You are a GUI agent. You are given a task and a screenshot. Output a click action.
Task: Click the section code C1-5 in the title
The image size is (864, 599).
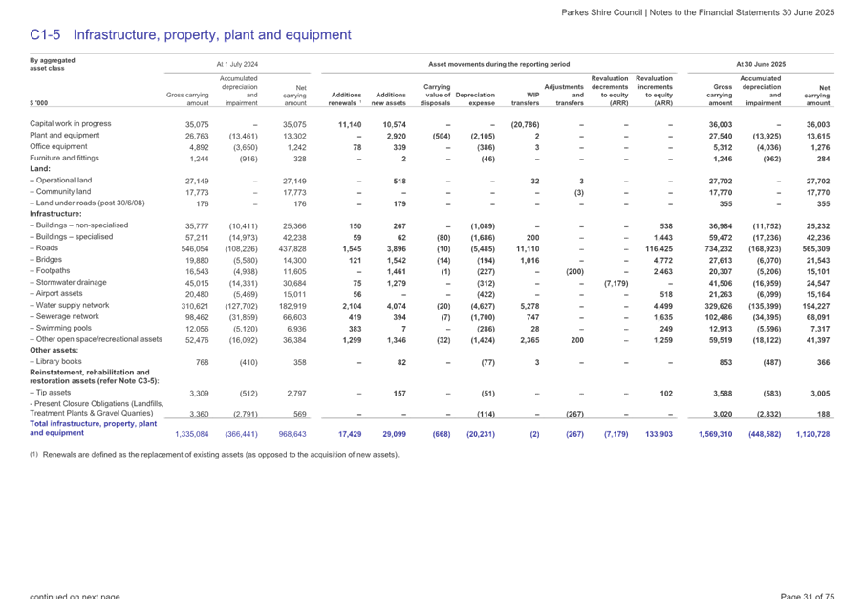tap(45, 35)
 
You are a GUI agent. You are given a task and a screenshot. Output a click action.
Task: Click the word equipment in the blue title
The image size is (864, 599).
tap(317, 35)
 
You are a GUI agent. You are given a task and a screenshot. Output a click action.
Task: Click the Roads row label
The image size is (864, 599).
tap(45, 246)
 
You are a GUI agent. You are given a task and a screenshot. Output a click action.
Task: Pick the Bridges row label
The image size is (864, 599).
tap(47, 258)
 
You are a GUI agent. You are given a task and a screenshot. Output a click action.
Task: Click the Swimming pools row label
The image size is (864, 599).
tap(59, 327)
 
